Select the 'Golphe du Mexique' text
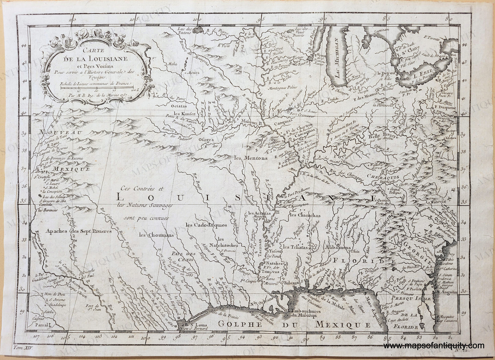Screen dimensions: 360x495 click(x=293, y=324)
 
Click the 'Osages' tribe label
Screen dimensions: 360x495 click(x=206, y=140)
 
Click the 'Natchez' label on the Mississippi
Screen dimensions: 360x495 click(x=273, y=264)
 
